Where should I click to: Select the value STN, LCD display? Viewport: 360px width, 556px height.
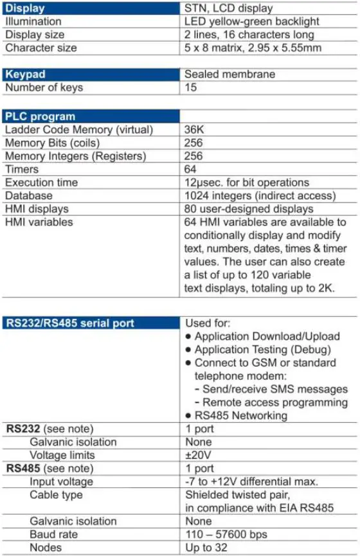(x=228, y=8)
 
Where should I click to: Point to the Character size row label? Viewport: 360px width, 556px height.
(x=41, y=48)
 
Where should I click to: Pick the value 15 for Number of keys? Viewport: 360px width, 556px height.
(x=191, y=87)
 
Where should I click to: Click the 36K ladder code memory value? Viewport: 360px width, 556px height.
(x=195, y=129)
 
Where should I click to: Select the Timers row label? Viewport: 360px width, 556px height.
(x=22, y=169)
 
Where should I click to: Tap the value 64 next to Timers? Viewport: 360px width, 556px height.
(x=192, y=169)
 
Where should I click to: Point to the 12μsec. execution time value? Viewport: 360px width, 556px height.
(x=247, y=183)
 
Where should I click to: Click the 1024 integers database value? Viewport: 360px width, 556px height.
(x=260, y=195)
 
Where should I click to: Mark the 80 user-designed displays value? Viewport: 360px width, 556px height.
(x=249, y=209)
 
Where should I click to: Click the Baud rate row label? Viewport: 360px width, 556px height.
(x=53, y=535)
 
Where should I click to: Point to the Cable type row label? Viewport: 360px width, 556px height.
(x=56, y=495)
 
